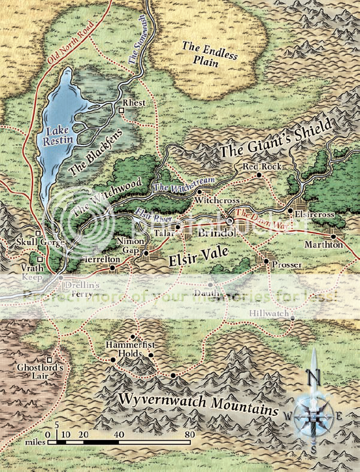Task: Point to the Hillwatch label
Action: pyautogui.click(x=269, y=314)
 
